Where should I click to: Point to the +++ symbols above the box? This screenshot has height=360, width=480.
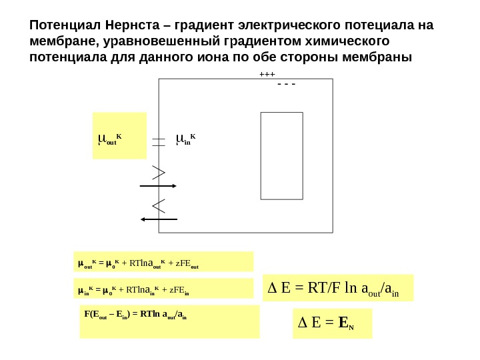point(267,75)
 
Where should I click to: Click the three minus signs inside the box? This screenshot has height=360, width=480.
point(285,85)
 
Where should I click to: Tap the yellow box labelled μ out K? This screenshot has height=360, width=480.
point(119,136)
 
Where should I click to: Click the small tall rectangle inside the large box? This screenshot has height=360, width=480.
point(281,155)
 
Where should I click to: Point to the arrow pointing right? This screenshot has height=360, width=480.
point(157,186)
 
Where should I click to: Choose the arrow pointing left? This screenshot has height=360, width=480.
point(159,219)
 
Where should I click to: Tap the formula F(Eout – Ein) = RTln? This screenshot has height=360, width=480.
point(169,322)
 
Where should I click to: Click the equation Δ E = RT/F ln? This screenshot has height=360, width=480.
point(339,288)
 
